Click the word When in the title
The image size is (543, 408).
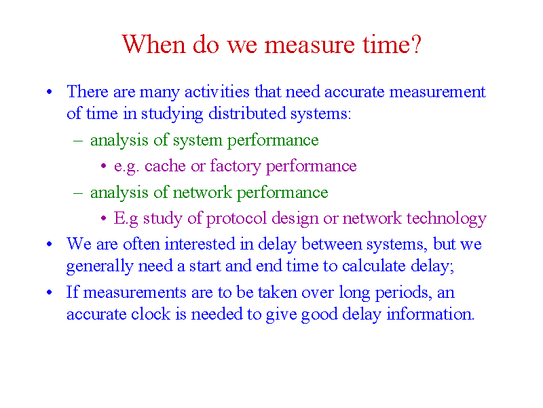154,44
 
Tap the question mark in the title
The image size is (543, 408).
416,44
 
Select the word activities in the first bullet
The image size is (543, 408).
217,92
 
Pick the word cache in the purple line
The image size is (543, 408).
165,166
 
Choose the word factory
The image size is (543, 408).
235,166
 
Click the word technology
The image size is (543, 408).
447,218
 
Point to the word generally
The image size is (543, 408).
100,267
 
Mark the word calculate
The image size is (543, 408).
374,266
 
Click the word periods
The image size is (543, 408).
402,293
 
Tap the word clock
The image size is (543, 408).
150,314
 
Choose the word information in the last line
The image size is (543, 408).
430,314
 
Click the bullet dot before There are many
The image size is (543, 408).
49,92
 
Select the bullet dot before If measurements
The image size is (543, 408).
49,292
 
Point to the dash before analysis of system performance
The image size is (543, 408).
78,141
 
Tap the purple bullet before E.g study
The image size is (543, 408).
104,218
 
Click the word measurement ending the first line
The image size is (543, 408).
437,92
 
